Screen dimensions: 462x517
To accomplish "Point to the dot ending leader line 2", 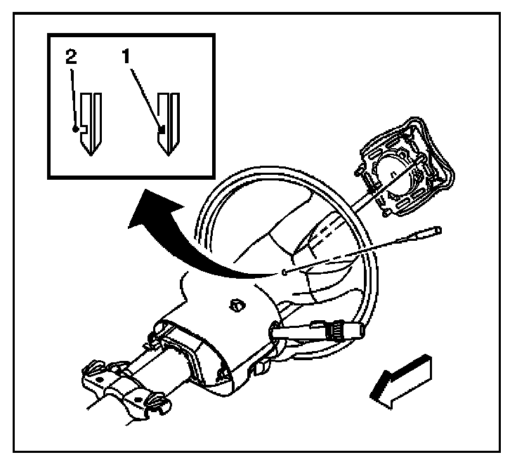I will point(74,129).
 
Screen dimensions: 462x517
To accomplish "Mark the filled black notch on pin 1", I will point(163,128).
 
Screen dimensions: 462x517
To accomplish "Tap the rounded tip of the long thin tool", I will point(438,229).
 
